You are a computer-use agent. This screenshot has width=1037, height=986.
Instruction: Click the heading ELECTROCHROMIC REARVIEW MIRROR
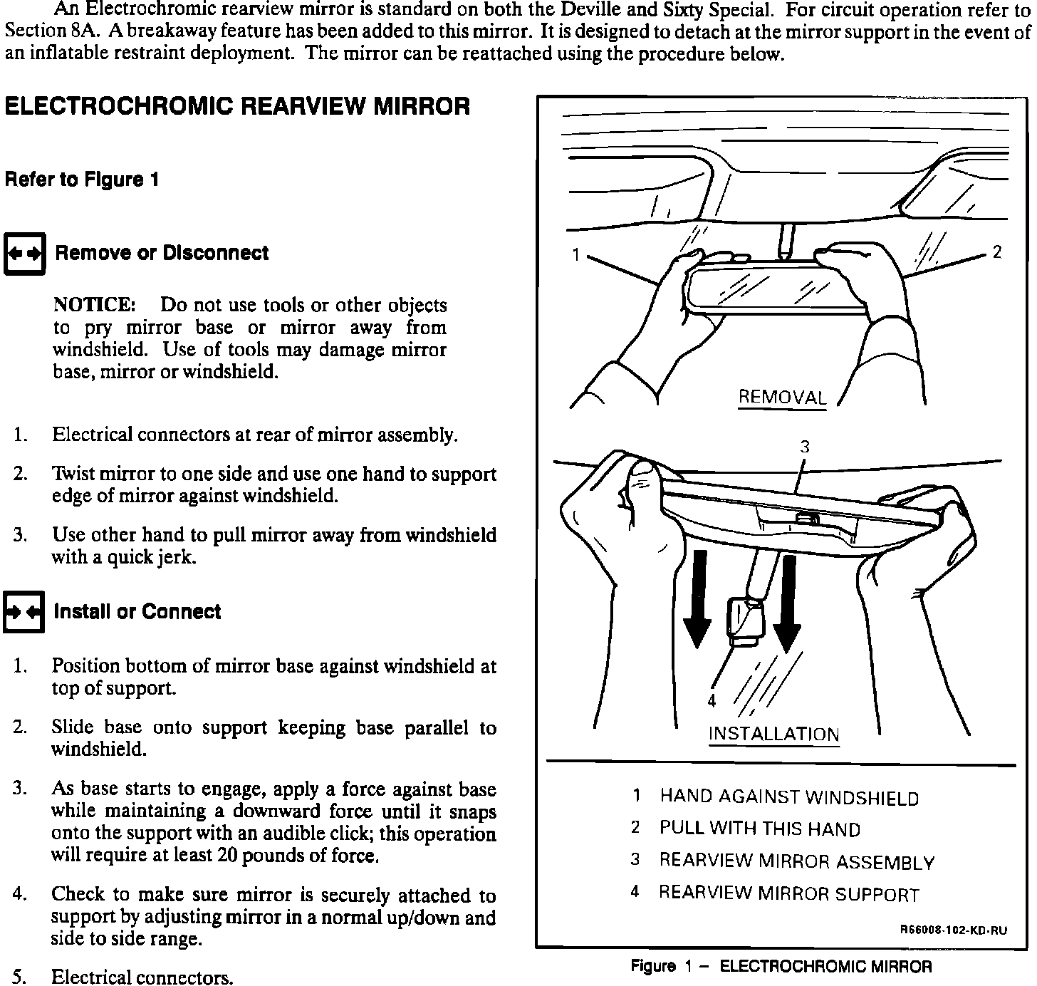[x=237, y=107]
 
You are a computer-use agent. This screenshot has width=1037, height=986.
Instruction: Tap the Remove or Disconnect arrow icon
[x=25, y=254]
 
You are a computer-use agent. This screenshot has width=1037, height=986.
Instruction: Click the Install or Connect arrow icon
[x=24, y=612]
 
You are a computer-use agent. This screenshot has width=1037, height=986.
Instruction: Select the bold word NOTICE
[x=94, y=306]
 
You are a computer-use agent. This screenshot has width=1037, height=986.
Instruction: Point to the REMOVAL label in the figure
[x=782, y=398]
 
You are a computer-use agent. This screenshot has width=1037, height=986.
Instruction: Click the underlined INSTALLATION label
[x=774, y=735]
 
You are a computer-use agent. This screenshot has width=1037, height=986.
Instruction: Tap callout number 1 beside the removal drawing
[x=575, y=254]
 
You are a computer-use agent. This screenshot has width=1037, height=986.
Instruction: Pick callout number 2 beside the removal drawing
[x=997, y=252]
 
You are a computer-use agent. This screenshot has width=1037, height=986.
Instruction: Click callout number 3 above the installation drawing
[x=804, y=447]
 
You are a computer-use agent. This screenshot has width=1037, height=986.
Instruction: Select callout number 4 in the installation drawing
[x=712, y=701]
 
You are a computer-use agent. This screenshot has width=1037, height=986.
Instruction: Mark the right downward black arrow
[x=787, y=602]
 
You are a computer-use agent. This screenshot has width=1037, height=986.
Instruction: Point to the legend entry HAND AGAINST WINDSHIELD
[x=789, y=797]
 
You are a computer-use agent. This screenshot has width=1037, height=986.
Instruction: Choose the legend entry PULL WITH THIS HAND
[x=759, y=829]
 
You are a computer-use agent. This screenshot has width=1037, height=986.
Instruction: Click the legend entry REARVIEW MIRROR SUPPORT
[x=788, y=894]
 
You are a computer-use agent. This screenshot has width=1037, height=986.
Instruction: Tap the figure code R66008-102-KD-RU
[x=954, y=930]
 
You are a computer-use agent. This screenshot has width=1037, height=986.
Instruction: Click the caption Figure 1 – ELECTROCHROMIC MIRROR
[x=781, y=967]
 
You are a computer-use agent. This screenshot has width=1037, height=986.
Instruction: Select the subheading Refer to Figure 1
[x=81, y=180]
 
